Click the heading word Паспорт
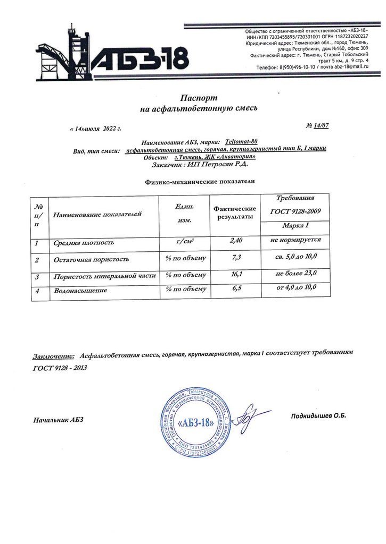[197, 98]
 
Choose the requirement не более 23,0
[297, 273]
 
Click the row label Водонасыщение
[81, 291]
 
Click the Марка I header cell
[296, 227]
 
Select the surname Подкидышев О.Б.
[318, 415]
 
